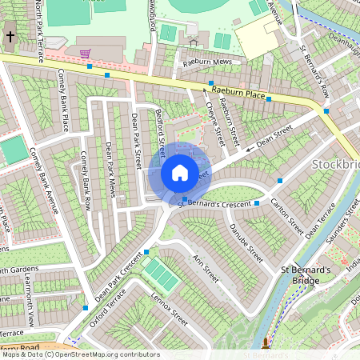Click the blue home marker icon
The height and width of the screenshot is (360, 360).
[x=180, y=173]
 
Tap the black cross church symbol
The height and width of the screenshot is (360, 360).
[x=10, y=36]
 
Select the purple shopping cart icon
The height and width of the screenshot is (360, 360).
[x=85, y=54]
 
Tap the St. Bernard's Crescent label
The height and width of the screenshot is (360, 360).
[x=214, y=202]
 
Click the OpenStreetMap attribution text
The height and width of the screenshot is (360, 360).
[x=80, y=354]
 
